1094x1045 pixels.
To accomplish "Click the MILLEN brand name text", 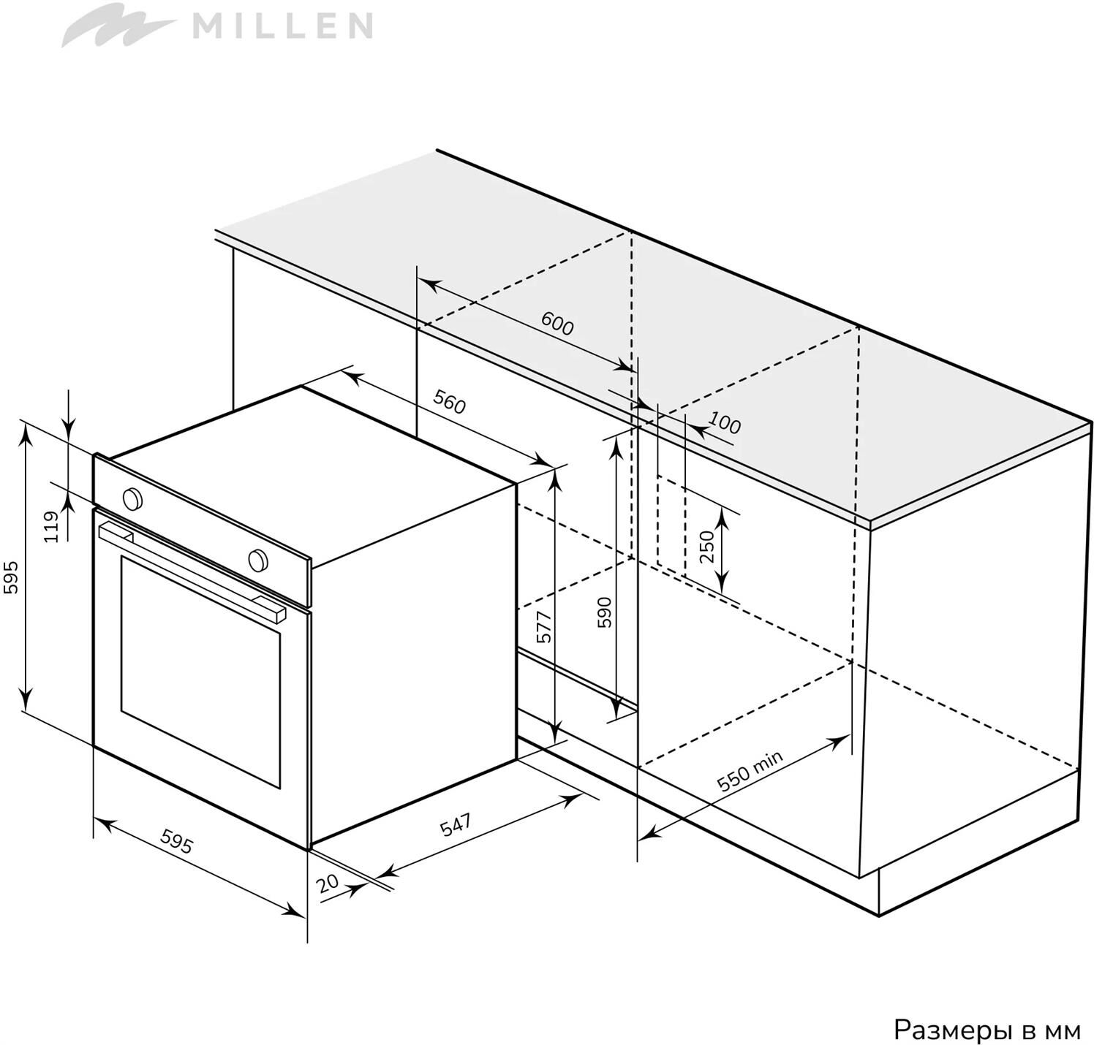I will (x=282, y=27).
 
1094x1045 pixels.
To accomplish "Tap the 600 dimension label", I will (x=557, y=324).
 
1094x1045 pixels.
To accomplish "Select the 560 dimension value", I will (x=449, y=402).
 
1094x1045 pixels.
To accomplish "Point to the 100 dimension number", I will (x=725, y=424).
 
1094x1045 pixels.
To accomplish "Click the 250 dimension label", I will (x=706, y=547).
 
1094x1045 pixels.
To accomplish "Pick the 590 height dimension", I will (x=604, y=612).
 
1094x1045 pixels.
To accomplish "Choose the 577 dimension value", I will (x=544, y=627).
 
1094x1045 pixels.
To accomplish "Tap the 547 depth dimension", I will (x=456, y=825).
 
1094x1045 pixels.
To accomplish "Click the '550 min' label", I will (x=750, y=771).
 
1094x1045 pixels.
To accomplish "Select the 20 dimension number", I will (x=328, y=883).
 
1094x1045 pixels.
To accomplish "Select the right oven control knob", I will (x=257, y=560).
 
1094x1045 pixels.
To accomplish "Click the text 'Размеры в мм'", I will (x=987, y=1030).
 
